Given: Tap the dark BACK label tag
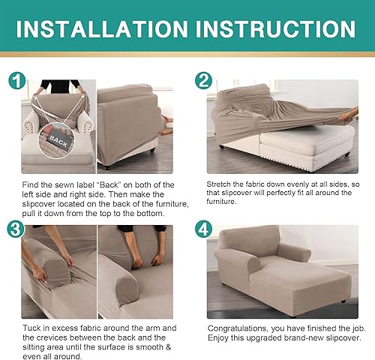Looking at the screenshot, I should [58, 139].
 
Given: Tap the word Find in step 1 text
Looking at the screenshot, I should [32, 184].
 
